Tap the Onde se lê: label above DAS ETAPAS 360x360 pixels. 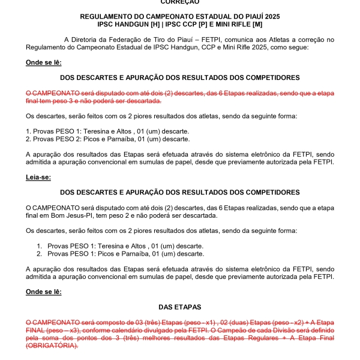pos(43,292)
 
